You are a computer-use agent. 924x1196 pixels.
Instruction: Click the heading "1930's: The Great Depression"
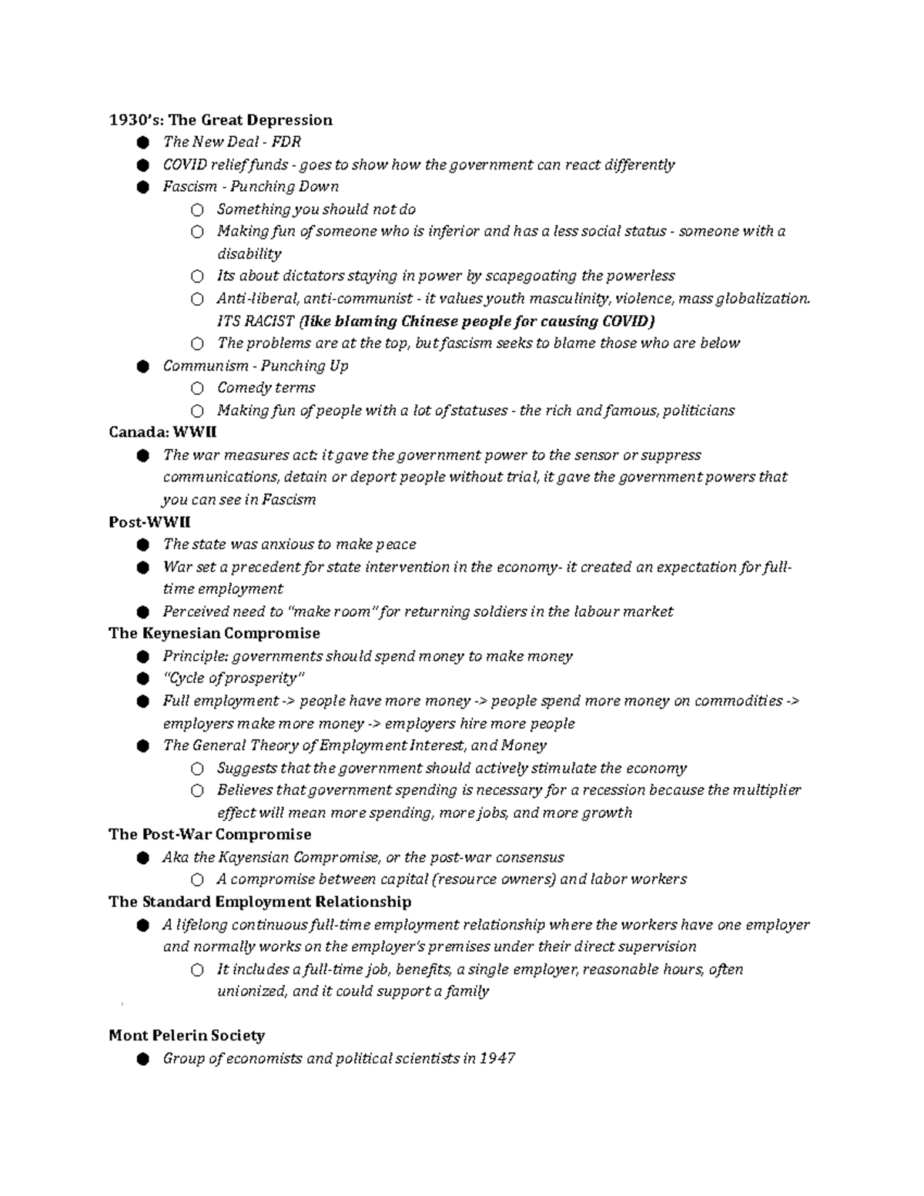[x=220, y=120]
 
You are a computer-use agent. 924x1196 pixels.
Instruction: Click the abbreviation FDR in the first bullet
[x=286, y=142]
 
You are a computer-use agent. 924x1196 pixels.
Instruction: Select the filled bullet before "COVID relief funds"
[x=142, y=165]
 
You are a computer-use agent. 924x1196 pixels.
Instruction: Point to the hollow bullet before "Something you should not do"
[x=198, y=209]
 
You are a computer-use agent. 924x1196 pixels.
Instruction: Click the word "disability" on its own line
[x=249, y=254]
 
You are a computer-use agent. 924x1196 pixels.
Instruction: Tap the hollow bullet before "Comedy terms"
[x=198, y=388]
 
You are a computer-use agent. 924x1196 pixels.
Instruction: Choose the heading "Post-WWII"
[x=149, y=522]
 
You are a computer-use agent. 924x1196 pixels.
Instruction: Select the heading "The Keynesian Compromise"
[x=214, y=634]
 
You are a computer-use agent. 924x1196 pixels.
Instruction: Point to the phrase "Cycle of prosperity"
[x=233, y=678]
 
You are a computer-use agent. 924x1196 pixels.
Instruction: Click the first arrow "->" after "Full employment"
[x=289, y=702]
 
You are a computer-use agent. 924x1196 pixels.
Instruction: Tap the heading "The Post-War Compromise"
[x=209, y=835]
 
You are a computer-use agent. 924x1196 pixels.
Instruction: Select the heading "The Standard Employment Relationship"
[x=259, y=902]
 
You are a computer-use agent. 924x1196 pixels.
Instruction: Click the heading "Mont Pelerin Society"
[x=186, y=1036]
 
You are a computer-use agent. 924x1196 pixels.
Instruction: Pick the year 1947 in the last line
[x=497, y=1059]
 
